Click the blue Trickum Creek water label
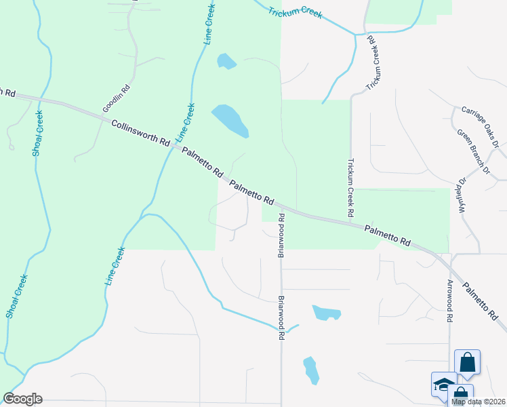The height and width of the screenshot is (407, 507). [x=294, y=13]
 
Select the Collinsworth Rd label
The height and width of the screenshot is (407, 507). [x=140, y=132]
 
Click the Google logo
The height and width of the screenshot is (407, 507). [x=22, y=399]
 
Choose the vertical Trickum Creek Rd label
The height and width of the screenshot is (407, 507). [x=350, y=188]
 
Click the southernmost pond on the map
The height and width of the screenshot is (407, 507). [x=311, y=370]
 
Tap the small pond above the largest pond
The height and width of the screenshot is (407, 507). [x=226, y=62]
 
